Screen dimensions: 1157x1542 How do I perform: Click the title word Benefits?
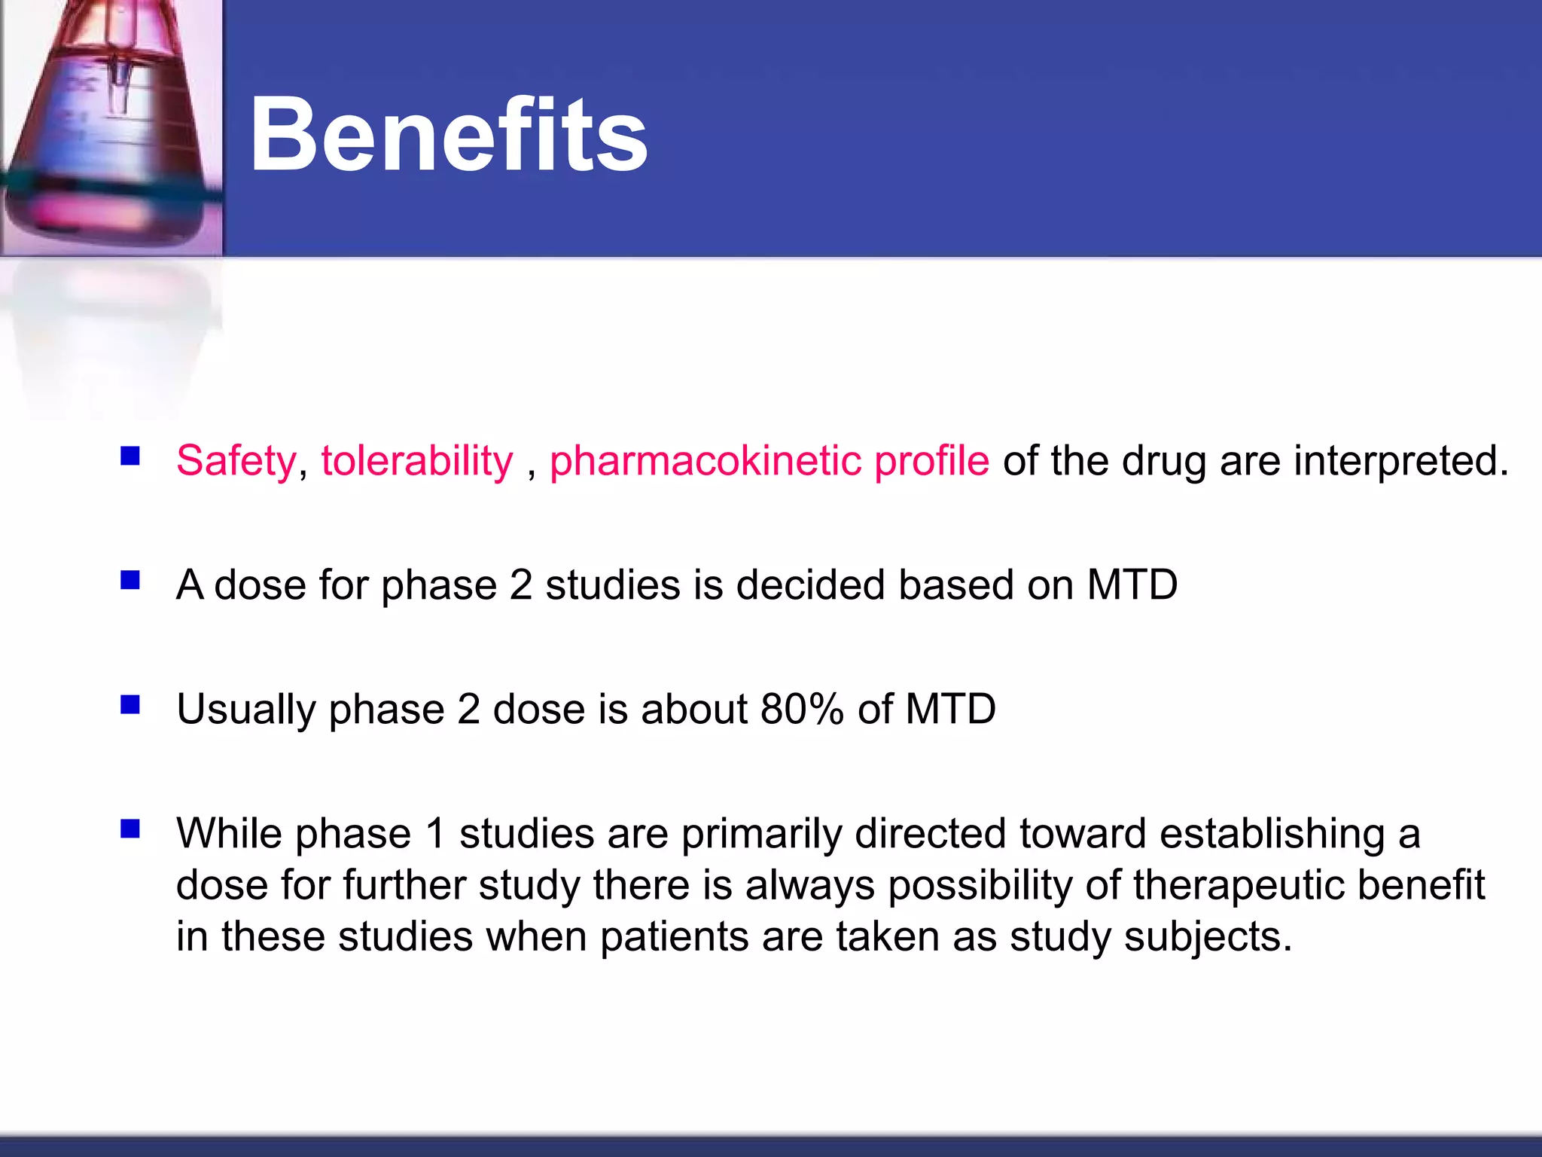pos(448,136)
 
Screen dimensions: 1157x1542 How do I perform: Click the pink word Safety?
pos(236,461)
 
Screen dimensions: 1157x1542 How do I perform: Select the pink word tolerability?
pos(416,461)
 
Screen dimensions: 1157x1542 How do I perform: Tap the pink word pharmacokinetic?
pos(705,461)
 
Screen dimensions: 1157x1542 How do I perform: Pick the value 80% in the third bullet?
pos(802,710)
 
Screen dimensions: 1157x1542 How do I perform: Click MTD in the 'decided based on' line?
pos(1132,585)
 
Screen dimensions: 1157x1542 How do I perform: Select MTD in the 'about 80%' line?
pos(950,710)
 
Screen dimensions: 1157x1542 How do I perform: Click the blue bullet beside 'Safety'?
pos(130,456)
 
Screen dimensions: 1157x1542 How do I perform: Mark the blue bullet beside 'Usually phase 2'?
pos(130,705)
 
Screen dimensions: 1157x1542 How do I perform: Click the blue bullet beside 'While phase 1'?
pos(130,829)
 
